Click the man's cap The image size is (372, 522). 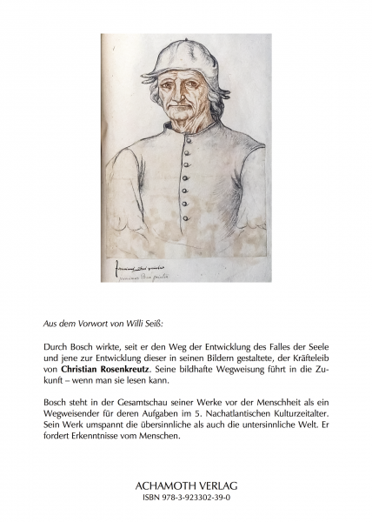coord(178,58)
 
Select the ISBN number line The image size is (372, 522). coord(186,498)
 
